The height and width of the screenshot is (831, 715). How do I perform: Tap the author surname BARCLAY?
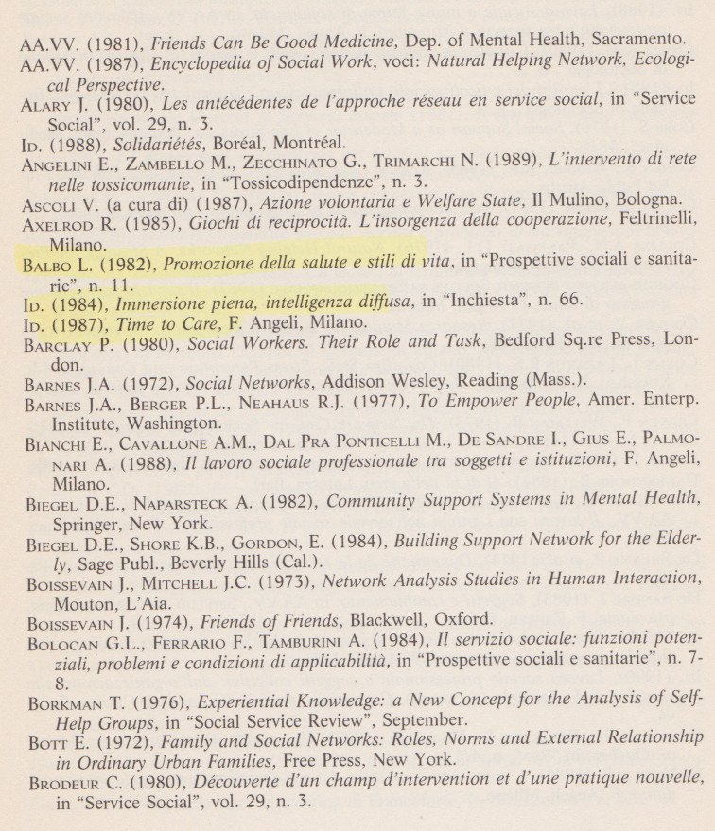[59, 345]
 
